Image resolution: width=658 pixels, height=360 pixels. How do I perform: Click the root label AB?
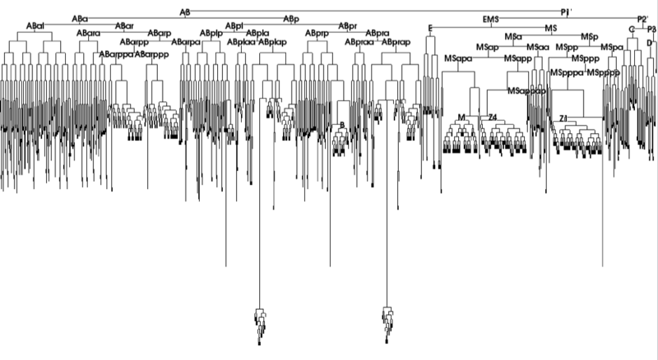click(x=184, y=11)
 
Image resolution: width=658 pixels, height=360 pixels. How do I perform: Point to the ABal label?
click(x=35, y=25)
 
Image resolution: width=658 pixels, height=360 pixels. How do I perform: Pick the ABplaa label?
click(x=241, y=40)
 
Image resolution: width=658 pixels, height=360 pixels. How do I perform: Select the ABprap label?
click(x=397, y=40)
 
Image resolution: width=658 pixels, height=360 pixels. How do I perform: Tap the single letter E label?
click(x=430, y=29)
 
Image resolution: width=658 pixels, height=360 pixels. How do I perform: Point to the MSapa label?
click(x=458, y=59)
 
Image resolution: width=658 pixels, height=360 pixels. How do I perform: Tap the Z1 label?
click(x=563, y=119)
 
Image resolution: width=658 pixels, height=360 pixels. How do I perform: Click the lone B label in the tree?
click(x=341, y=124)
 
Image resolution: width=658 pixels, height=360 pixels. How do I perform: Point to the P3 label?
click(x=651, y=29)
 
